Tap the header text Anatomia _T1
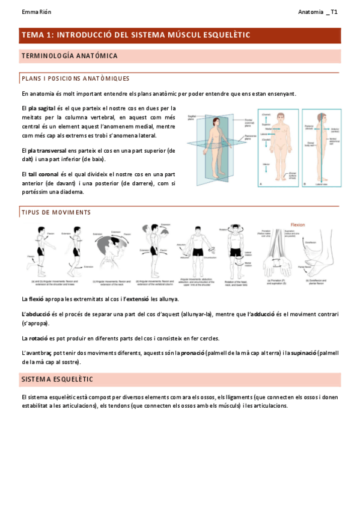(x=318, y=12)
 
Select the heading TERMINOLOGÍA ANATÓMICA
(x=69, y=56)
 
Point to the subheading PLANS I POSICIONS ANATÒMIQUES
(x=75, y=79)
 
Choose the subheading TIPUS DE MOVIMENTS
(x=56, y=212)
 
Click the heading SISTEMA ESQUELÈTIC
(x=56, y=379)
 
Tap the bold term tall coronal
(x=46, y=174)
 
